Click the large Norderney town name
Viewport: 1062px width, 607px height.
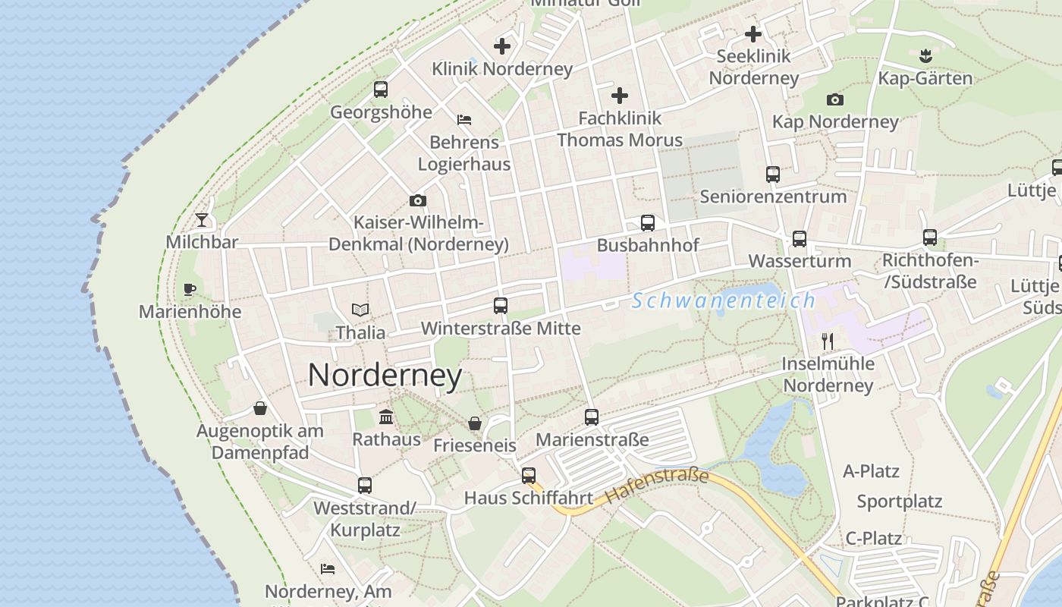point(385,376)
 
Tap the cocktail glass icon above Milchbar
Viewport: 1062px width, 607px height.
point(202,220)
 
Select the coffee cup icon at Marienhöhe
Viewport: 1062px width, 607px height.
point(189,289)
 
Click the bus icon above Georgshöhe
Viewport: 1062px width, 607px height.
point(381,90)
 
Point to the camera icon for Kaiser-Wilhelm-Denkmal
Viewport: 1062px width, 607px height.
point(417,201)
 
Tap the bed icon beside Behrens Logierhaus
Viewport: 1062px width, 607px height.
point(464,120)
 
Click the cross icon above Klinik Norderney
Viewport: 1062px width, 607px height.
point(502,46)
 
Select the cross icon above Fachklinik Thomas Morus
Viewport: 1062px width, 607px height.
point(620,96)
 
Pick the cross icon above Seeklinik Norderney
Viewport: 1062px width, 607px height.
point(753,34)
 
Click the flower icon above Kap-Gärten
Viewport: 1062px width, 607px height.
point(925,55)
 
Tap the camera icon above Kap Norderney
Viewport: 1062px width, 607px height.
point(834,99)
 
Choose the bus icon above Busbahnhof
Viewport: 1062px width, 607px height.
point(647,223)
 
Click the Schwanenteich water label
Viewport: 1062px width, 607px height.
point(724,301)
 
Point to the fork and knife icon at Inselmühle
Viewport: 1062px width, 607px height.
point(828,341)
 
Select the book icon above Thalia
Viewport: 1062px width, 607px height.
point(360,310)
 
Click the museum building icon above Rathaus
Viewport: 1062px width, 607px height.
point(386,417)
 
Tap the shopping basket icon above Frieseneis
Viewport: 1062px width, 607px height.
point(475,423)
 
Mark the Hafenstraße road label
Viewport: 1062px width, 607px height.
point(657,487)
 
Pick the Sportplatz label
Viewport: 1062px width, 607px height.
point(899,502)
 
